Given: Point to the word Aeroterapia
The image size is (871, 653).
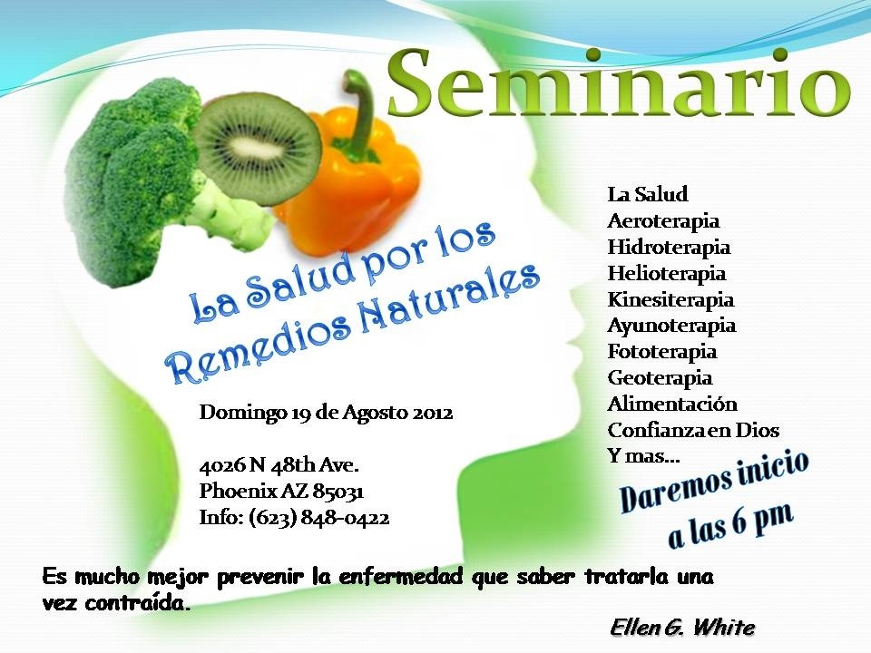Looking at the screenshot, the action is pyautogui.click(x=663, y=221).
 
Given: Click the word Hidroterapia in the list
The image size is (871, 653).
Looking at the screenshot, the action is pyautogui.click(x=669, y=247).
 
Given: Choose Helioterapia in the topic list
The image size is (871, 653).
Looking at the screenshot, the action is pyautogui.click(x=667, y=273).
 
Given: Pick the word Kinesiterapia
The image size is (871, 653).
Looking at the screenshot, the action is pyautogui.click(x=670, y=299).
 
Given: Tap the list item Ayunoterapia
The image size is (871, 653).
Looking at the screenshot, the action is pyautogui.click(x=671, y=326).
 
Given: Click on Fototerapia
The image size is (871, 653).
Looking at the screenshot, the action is pyautogui.click(x=662, y=352).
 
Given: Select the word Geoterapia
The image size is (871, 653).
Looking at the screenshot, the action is pyautogui.click(x=660, y=377).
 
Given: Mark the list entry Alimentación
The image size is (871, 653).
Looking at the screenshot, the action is pyautogui.click(x=672, y=404).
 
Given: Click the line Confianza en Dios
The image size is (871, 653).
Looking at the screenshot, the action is pyautogui.click(x=693, y=430).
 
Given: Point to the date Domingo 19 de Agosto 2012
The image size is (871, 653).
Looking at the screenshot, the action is pyautogui.click(x=326, y=413).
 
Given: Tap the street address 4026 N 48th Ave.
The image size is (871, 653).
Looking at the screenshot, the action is pyautogui.click(x=279, y=464).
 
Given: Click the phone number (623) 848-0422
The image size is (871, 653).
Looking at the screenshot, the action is pyautogui.click(x=318, y=518).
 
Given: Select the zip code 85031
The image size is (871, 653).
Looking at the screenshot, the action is pyautogui.click(x=338, y=491).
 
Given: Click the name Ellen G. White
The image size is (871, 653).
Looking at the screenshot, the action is pyautogui.click(x=682, y=628).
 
